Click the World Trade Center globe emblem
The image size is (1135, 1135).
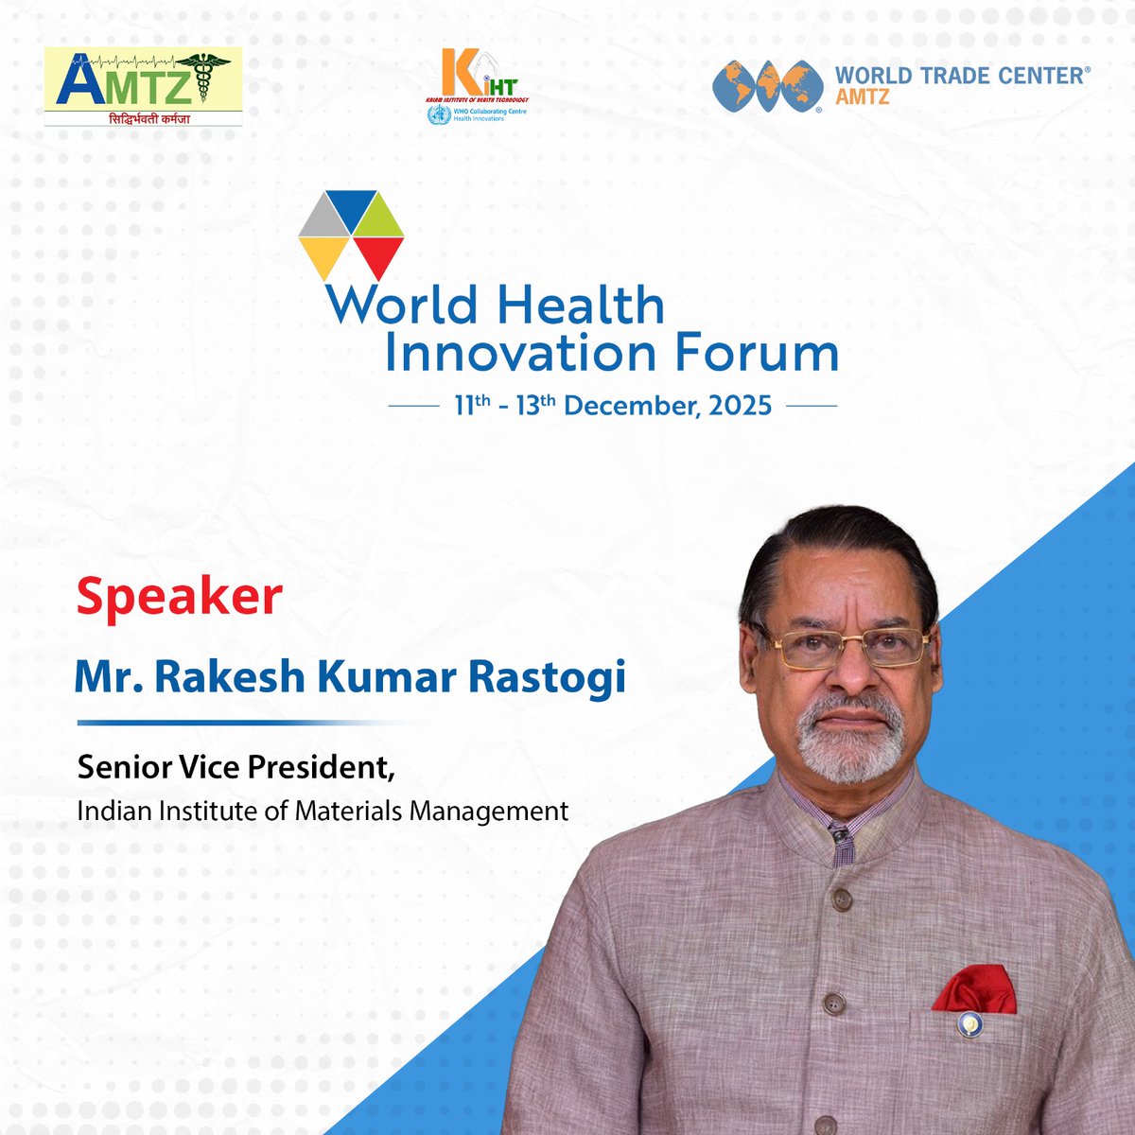coord(765,86)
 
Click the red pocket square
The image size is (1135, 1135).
coord(974,988)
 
